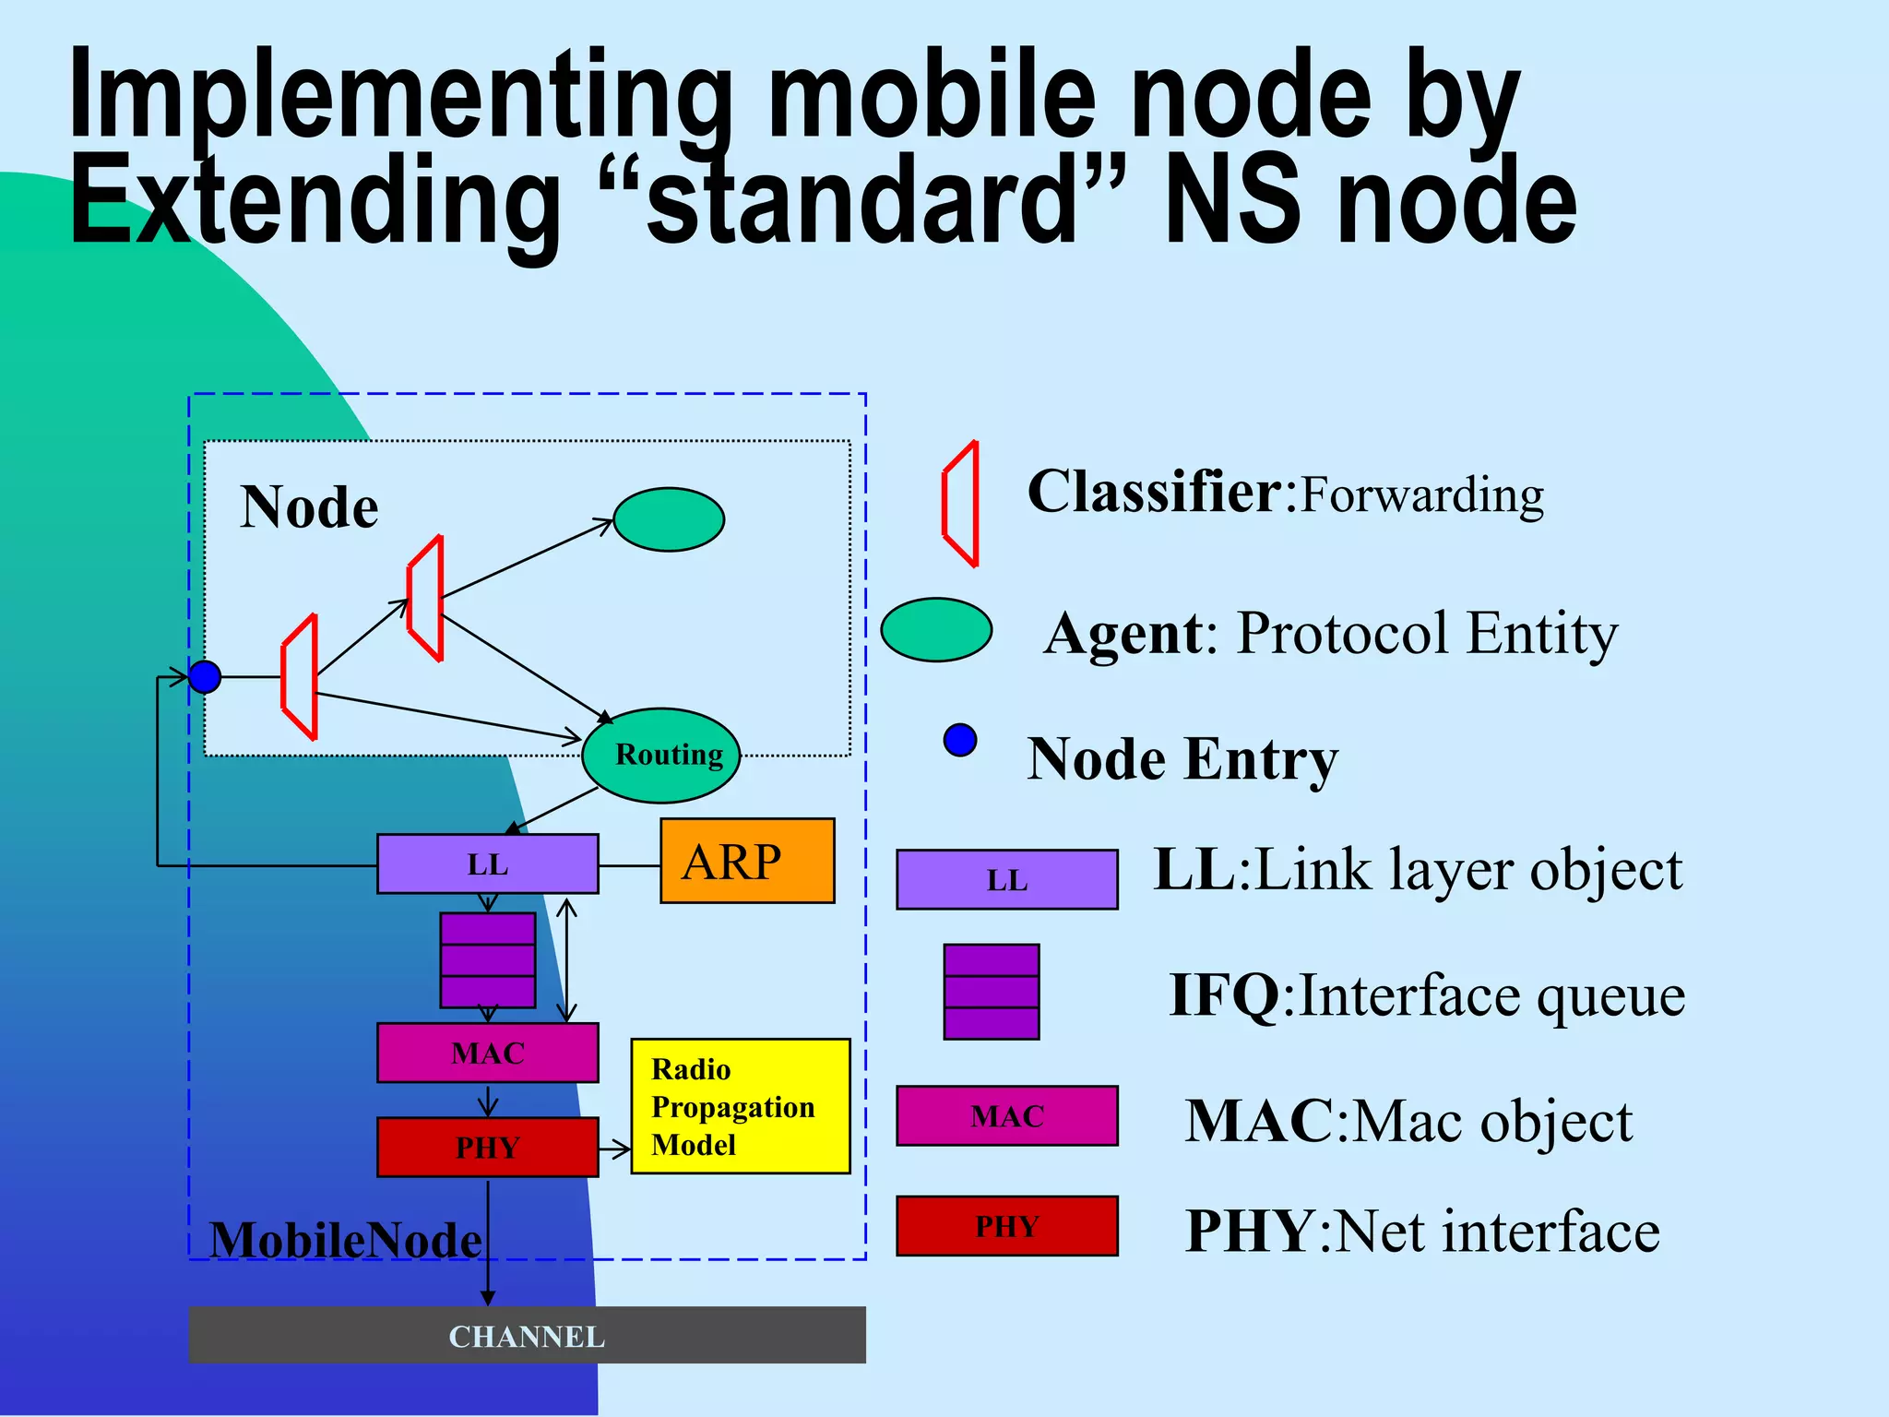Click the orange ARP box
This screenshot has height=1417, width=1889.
pyautogui.click(x=747, y=861)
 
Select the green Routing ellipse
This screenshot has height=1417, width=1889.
pyautogui.click(x=660, y=756)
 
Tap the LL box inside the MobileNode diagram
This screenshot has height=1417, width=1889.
pyautogui.click(x=487, y=864)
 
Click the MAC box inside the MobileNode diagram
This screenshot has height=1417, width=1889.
pyautogui.click(x=487, y=1053)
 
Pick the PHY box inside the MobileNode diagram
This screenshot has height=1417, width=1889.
pyautogui.click(x=487, y=1147)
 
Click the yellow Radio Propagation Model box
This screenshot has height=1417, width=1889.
pyautogui.click(x=740, y=1106)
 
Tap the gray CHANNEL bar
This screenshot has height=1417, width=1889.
pyautogui.click(x=527, y=1335)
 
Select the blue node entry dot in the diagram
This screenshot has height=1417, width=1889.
pyautogui.click(x=205, y=677)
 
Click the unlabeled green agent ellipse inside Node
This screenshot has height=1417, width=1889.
pyautogui.click(x=669, y=519)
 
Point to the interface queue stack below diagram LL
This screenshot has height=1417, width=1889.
pyautogui.click(x=488, y=960)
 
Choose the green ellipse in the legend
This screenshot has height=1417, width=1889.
pyautogui.click(x=936, y=630)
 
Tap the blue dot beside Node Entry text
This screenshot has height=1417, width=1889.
pyautogui.click(x=960, y=740)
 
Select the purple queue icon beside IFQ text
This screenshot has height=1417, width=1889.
pyautogui.click(x=992, y=992)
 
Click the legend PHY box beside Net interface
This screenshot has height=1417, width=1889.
pyautogui.click(x=1006, y=1226)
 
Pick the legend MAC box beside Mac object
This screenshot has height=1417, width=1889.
pyautogui.click(x=1006, y=1116)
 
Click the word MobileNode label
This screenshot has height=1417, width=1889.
pyautogui.click(x=345, y=1239)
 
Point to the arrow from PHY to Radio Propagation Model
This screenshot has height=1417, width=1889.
pyautogui.click(x=614, y=1149)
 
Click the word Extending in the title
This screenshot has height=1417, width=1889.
pyautogui.click(x=314, y=201)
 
